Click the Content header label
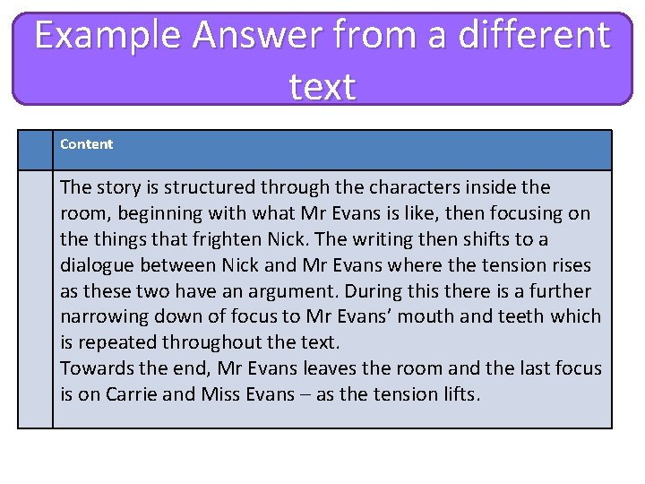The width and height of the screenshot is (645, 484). click(x=87, y=144)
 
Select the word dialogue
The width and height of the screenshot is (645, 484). click(x=98, y=265)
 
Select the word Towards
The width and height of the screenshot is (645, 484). click(x=96, y=368)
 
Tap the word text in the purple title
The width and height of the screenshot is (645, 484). click(x=322, y=87)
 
